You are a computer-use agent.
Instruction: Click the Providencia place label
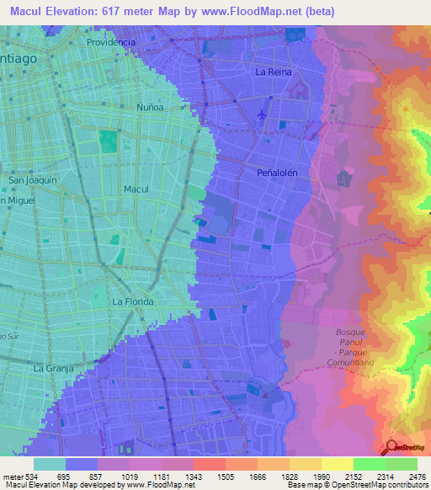[x=110, y=42]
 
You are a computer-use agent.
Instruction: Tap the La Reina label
[x=274, y=72]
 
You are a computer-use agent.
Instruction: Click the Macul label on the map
[x=136, y=189]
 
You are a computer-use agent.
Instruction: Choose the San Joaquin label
[x=32, y=180]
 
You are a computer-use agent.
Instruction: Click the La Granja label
[x=53, y=368]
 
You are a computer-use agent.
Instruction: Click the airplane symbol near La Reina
[x=263, y=114]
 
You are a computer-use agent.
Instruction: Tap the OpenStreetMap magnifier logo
[x=391, y=448]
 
